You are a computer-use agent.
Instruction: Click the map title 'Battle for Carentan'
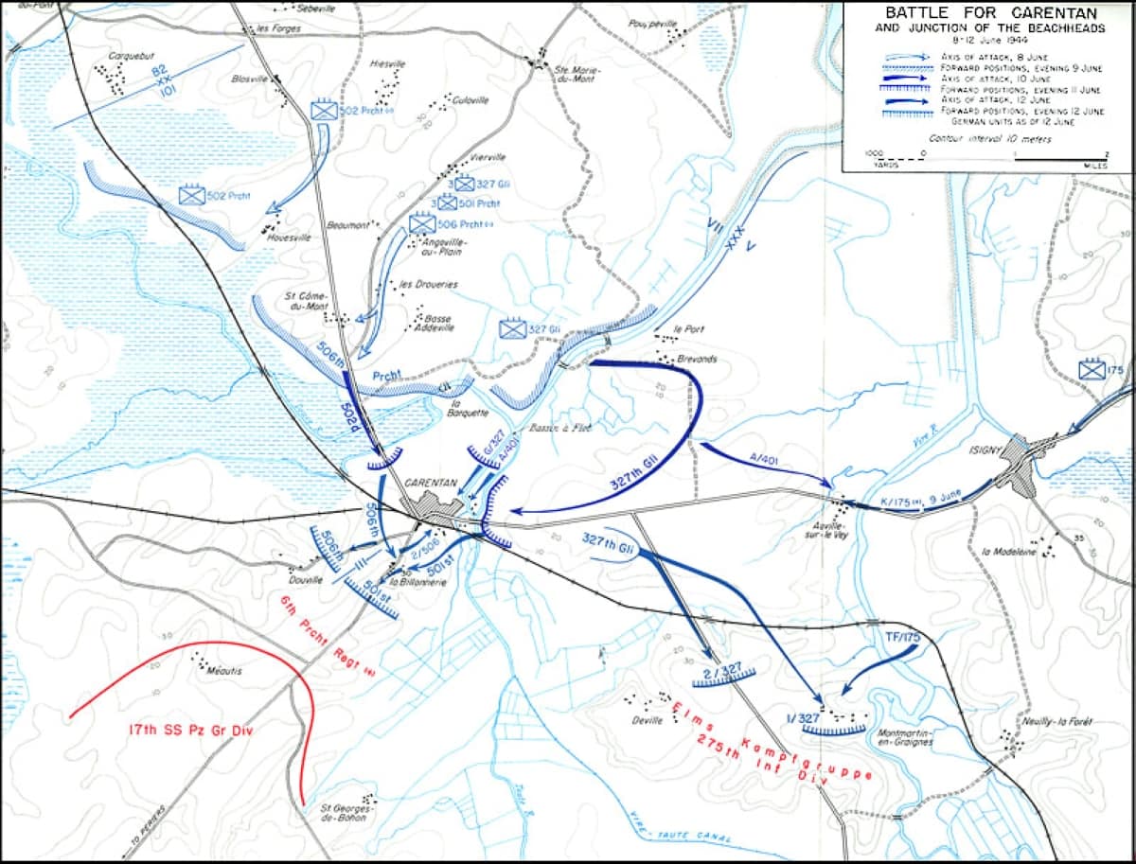[x=990, y=13]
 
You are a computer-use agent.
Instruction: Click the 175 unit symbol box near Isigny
[x=1092, y=369]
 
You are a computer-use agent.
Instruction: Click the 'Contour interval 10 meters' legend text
[x=990, y=139]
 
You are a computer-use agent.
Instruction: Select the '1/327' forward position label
[x=803, y=716]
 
